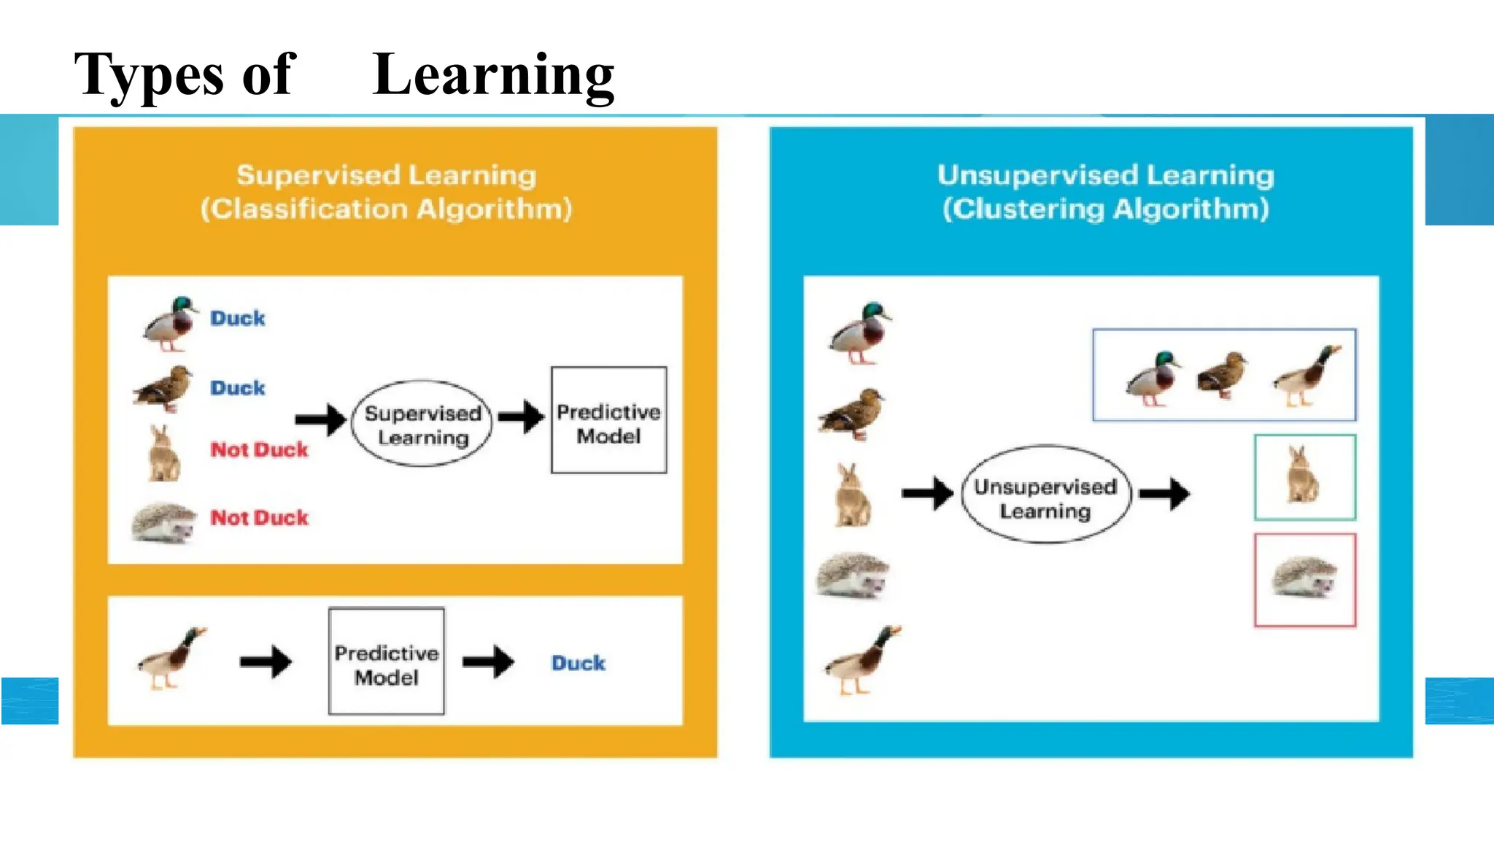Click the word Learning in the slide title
click(x=493, y=75)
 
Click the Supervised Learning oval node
click(x=422, y=425)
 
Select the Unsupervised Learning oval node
click(x=1045, y=495)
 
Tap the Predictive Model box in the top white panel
click(x=608, y=421)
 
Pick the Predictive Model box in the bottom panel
click(x=386, y=662)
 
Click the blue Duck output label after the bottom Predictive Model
click(x=578, y=663)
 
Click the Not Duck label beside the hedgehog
click(x=259, y=518)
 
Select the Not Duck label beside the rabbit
click(x=259, y=449)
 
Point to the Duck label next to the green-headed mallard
click(x=238, y=319)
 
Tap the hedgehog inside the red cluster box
click(x=1304, y=578)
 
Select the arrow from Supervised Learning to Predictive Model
click(x=521, y=417)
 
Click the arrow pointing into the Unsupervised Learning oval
click(x=926, y=494)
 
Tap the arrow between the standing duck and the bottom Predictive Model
click(x=266, y=662)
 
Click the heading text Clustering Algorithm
click(x=1105, y=209)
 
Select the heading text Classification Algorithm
click(x=386, y=209)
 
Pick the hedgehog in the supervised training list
click(x=164, y=523)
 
